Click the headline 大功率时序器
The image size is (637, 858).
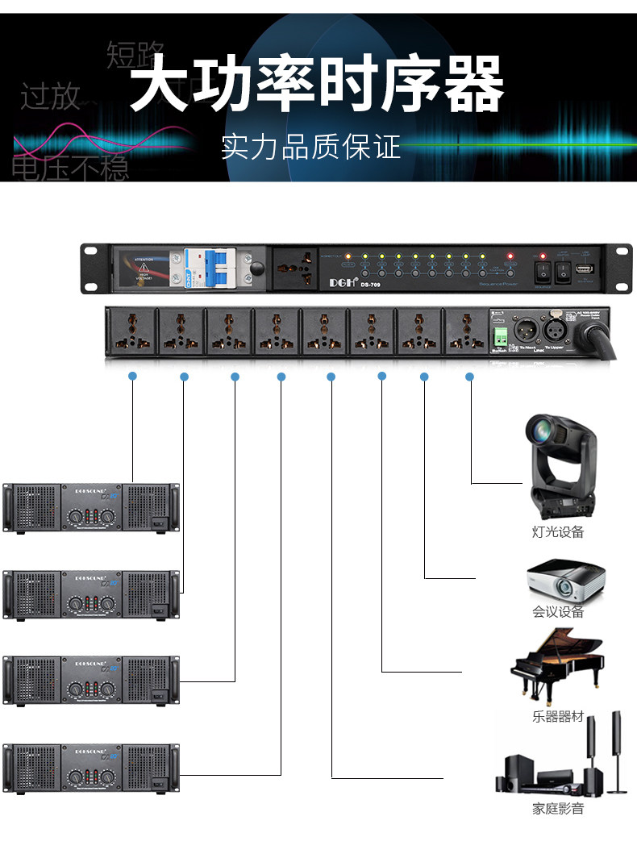pyautogui.click(x=317, y=83)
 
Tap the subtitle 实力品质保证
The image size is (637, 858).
pyautogui.click(x=310, y=147)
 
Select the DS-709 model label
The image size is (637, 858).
pyautogui.click(x=370, y=282)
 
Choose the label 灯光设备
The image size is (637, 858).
pyautogui.click(x=558, y=532)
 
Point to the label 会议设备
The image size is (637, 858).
pyautogui.click(x=558, y=612)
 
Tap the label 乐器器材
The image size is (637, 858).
pyautogui.click(x=558, y=717)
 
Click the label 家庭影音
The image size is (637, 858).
pyautogui.click(x=558, y=809)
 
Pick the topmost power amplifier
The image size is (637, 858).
pyautogui.click(x=91, y=507)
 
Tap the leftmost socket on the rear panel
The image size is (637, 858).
pyautogui.click(x=131, y=330)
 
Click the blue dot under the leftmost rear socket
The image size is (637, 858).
pyautogui.click(x=133, y=376)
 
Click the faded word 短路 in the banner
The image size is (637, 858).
pyautogui.click(x=135, y=55)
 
